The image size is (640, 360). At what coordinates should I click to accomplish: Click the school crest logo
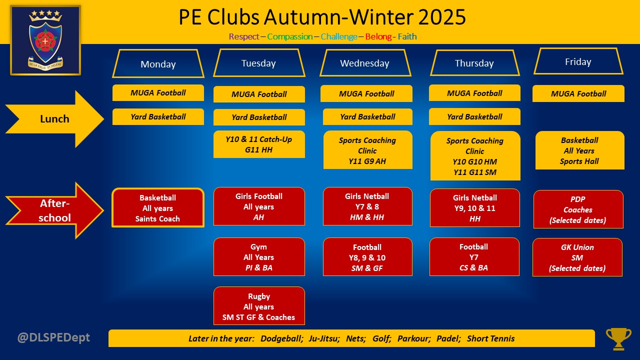(45, 40)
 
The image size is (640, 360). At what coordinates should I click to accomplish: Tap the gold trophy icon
(618, 338)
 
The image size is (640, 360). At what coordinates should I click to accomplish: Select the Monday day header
(158, 64)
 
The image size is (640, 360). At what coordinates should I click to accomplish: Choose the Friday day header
(578, 62)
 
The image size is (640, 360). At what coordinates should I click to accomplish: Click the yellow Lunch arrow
(54, 119)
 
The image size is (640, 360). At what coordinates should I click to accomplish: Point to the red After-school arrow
(54, 210)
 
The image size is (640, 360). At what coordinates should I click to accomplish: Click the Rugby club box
(258, 306)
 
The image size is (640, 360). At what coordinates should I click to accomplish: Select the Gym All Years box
(258, 257)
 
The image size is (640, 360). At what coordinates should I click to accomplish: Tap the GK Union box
(577, 257)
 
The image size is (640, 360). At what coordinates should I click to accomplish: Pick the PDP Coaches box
(577, 209)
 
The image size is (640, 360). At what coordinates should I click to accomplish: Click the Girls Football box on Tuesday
(258, 206)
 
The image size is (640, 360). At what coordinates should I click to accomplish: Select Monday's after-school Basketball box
(157, 208)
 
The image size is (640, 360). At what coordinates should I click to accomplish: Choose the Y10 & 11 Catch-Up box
(258, 144)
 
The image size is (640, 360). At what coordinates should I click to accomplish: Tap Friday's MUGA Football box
(578, 93)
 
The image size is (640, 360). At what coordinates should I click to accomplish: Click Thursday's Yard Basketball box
(474, 116)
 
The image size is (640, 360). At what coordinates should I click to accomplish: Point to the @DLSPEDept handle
(53, 337)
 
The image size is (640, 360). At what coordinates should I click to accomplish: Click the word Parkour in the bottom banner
(413, 338)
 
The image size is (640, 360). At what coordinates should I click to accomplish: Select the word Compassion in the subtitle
(290, 36)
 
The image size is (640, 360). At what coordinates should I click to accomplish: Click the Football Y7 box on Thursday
(473, 257)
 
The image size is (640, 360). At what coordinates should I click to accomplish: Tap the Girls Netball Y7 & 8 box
(367, 206)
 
